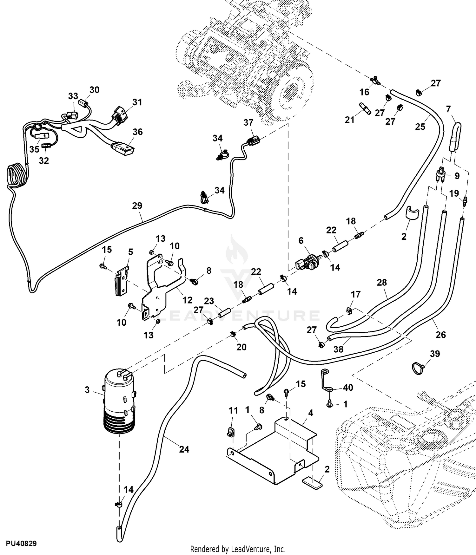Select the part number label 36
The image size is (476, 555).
coord(137,132)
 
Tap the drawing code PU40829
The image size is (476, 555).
coord(21,544)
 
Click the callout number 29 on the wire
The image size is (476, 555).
coord(137,206)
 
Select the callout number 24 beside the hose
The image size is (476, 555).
coord(184,449)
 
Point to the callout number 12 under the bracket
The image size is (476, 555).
coord(188,300)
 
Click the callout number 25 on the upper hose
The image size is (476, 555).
coord(420,127)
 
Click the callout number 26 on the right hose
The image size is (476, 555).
coord(441,334)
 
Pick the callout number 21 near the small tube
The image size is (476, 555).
coord(350,120)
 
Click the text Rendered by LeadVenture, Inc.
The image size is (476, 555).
coord(238,549)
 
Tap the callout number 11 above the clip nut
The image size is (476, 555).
coord(233,411)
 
